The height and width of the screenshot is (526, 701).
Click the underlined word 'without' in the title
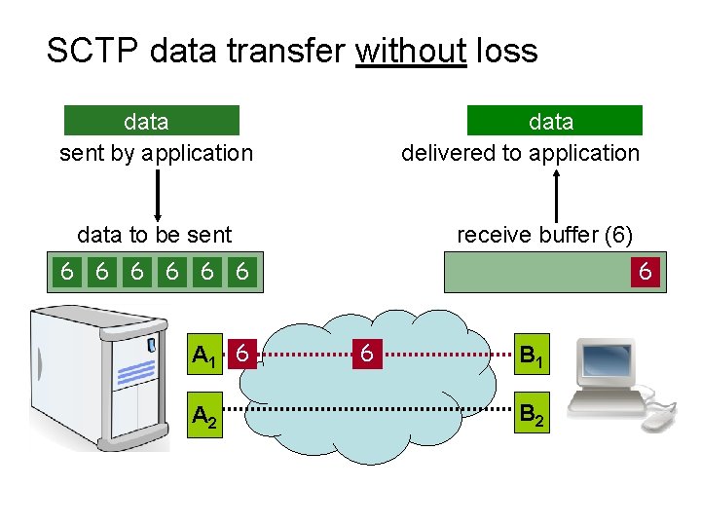click(411, 51)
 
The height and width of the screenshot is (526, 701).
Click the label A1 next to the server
click(204, 357)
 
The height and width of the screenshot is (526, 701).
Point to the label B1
click(532, 357)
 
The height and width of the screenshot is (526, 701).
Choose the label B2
click(532, 416)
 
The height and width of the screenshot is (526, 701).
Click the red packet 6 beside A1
click(245, 355)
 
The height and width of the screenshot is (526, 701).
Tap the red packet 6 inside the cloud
click(366, 355)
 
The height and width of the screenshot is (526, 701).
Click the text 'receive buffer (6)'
click(545, 236)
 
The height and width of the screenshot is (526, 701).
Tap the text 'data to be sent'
click(154, 236)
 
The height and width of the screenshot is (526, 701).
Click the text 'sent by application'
click(156, 153)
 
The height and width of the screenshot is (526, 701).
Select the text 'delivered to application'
click(521, 153)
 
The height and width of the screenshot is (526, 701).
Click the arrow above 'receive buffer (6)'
click(556, 195)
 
